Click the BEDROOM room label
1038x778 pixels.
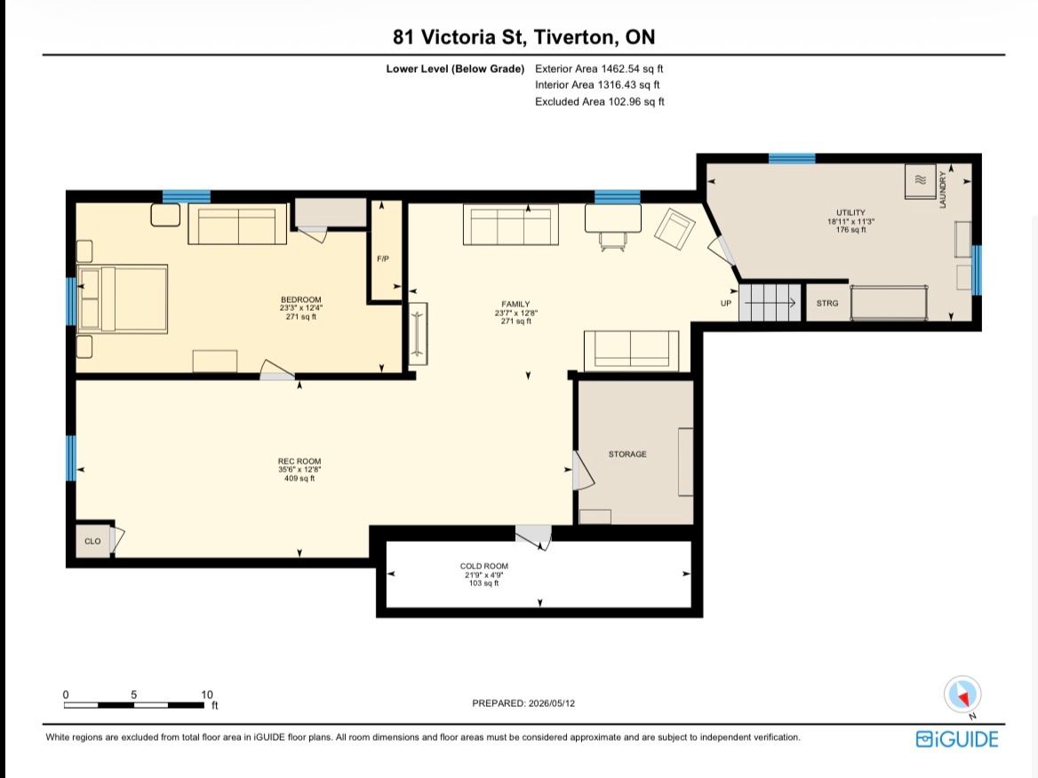pos(300,299)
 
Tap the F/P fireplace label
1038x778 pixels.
pos(383,258)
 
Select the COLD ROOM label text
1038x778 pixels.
pos(484,567)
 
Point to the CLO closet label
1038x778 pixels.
pos(92,541)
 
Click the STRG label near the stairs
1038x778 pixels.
pos(826,303)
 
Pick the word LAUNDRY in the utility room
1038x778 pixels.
pos(943,190)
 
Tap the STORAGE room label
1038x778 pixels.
pos(627,454)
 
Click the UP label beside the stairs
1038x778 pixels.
pos(726,303)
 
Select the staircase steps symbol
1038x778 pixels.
pos(770,302)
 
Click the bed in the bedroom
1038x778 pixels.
pos(123,298)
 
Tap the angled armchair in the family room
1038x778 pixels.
pos(675,229)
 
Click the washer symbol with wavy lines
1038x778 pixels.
pos(920,180)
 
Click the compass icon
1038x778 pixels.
pos(962,695)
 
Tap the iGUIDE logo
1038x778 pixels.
pos(957,739)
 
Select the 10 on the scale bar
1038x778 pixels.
pos(207,695)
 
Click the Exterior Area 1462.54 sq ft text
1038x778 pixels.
pos(599,68)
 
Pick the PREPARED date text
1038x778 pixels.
pos(523,703)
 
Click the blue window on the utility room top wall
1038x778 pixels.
pos(792,158)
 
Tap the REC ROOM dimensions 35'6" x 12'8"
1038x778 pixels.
pos(299,470)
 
